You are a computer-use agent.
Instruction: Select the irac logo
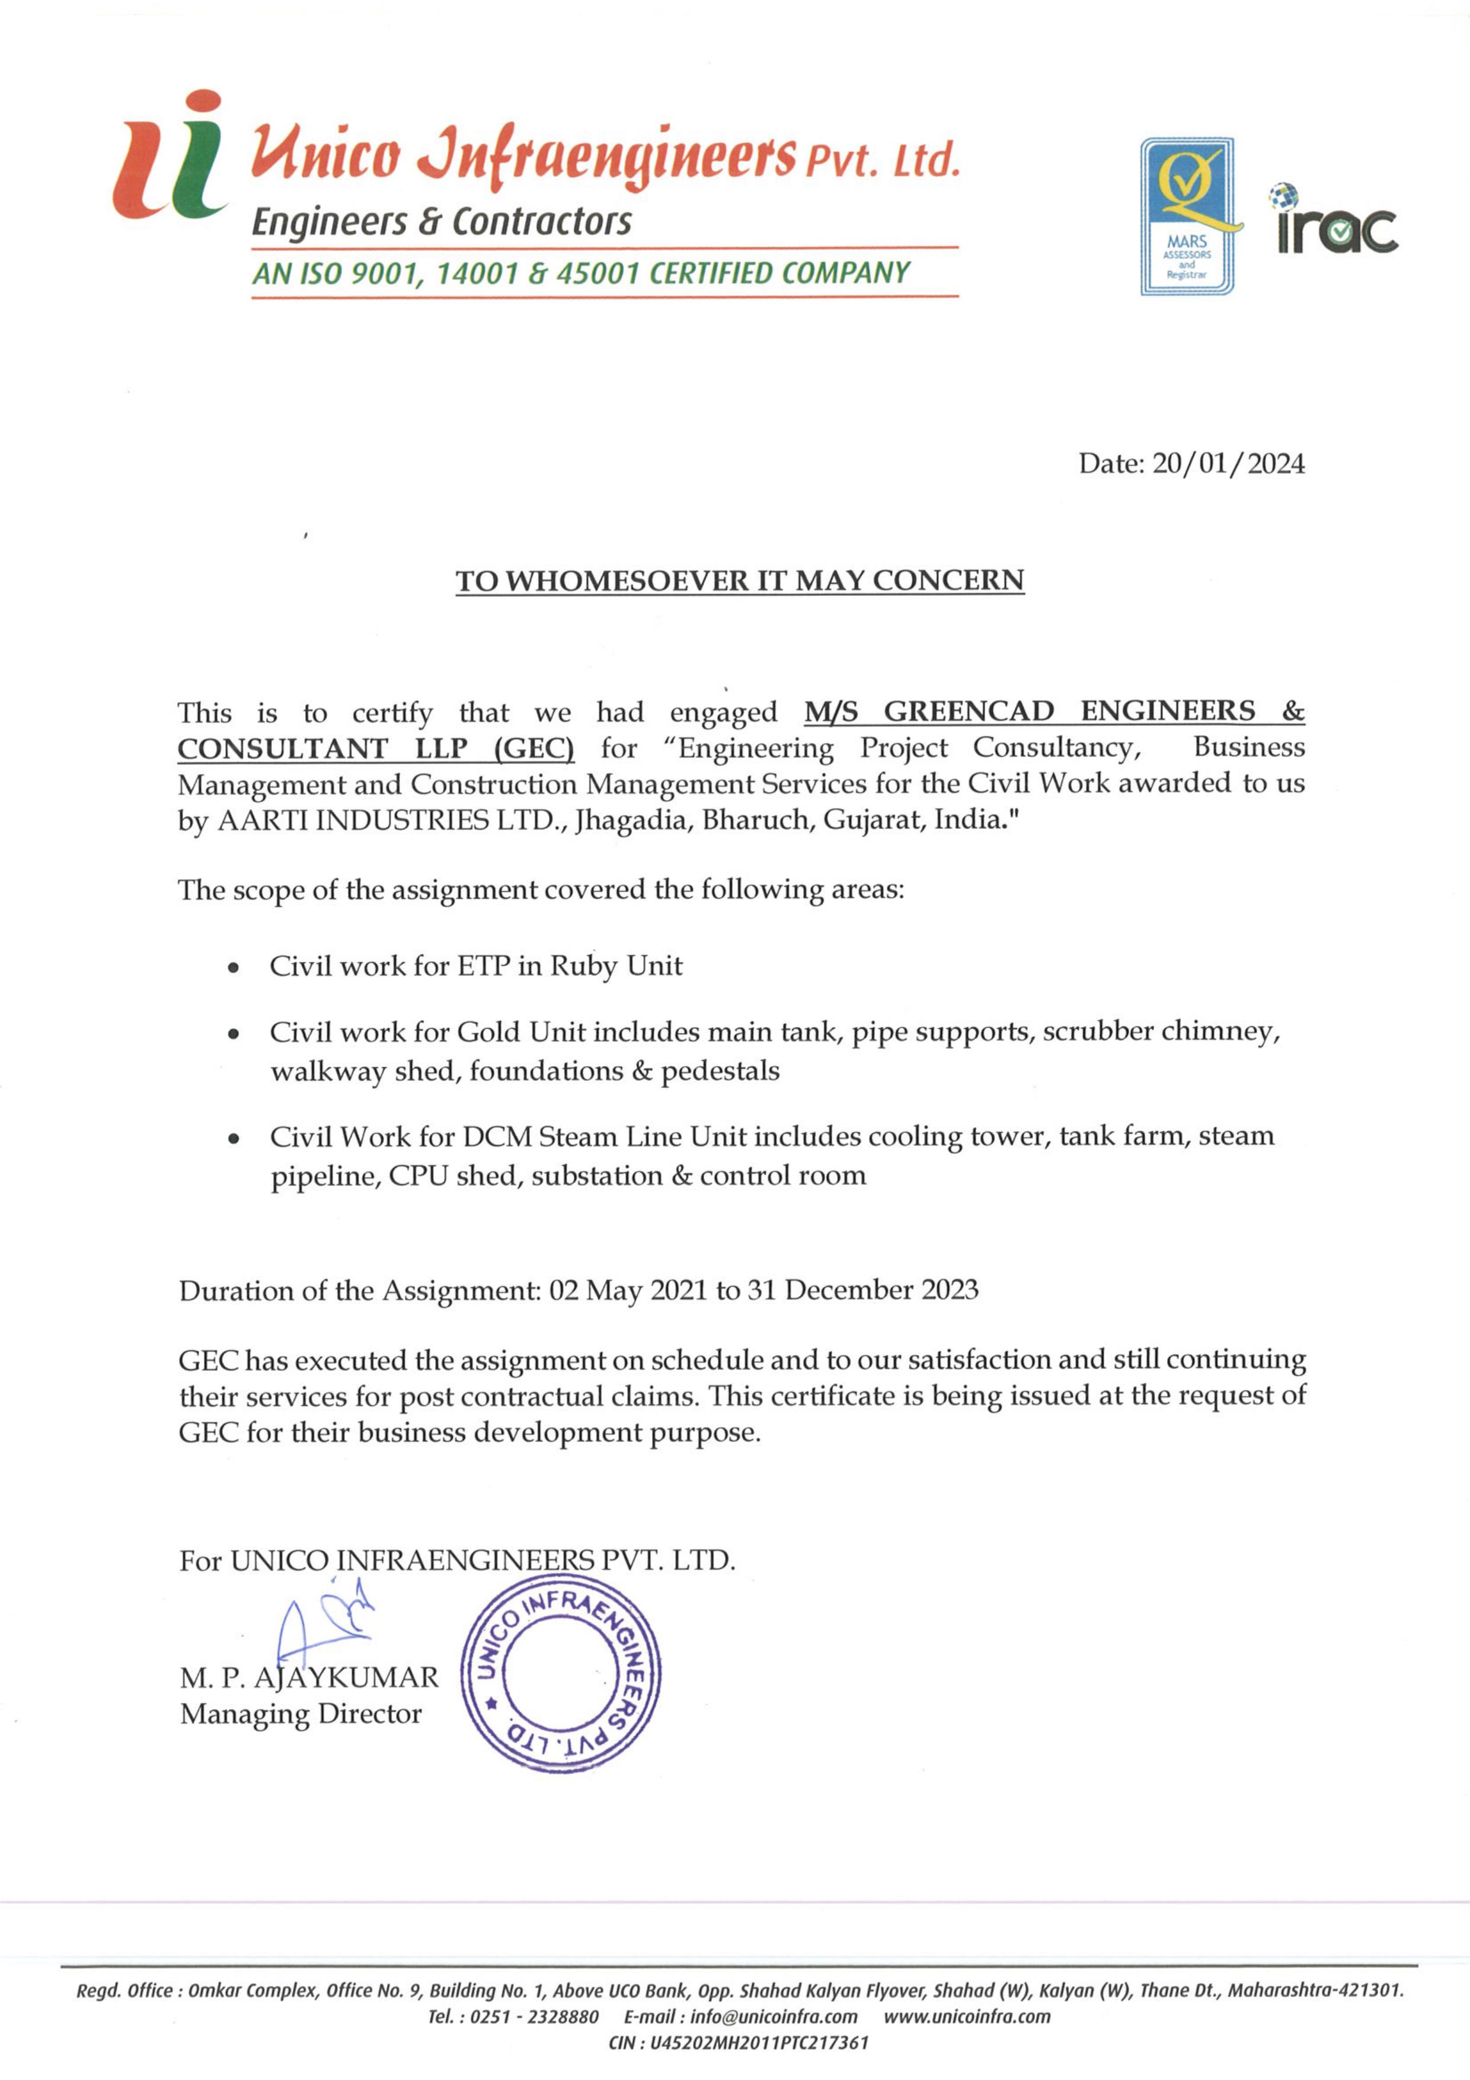(x=1337, y=222)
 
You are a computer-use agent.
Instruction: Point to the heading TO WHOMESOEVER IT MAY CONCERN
(x=739, y=580)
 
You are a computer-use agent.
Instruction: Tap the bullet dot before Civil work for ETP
(x=234, y=968)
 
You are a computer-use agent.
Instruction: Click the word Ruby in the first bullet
(x=583, y=966)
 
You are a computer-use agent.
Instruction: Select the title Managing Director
(x=301, y=1714)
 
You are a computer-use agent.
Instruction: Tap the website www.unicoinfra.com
(x=966, y=2017)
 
